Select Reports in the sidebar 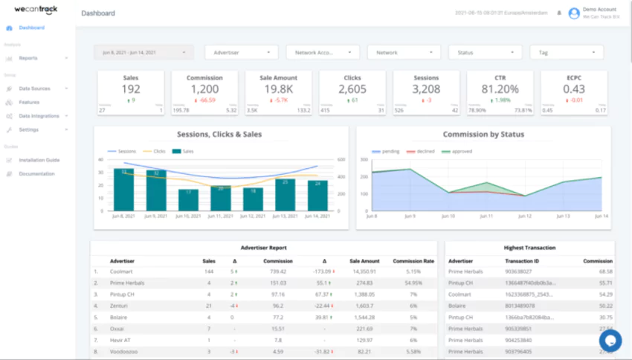point(28,58)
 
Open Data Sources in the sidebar point(34,89)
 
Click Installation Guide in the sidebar point(39,160)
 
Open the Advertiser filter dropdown point(241,53)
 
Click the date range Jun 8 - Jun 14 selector point(143,53)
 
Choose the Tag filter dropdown point(566,53)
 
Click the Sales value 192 point(131,89)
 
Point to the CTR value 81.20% point(500,89)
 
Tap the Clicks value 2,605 point(352,89)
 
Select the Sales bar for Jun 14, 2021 point(317,196)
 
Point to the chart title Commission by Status point(483,135)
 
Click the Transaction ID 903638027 point(518,272)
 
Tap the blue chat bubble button point(610,340)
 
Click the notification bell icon point(559,13)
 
